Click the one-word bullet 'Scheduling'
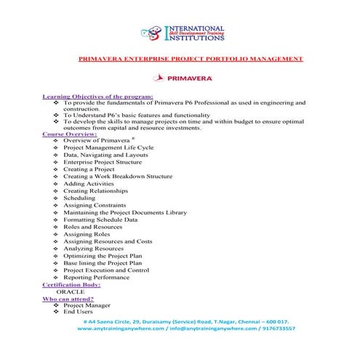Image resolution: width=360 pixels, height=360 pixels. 79,198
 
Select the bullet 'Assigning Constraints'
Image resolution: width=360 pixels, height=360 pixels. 95,205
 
